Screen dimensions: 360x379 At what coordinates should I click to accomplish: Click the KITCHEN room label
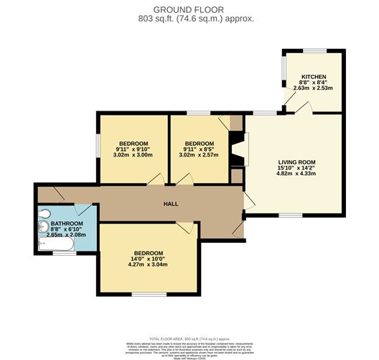[x=314, y=76]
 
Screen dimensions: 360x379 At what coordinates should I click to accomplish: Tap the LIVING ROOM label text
[x=297, y=162]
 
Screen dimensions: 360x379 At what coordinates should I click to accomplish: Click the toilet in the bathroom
[x=44, y=213]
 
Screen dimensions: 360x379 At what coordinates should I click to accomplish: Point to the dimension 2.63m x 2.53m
[x=314, y=89]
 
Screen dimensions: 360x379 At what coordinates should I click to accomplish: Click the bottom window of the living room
[x=289, y=215]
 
